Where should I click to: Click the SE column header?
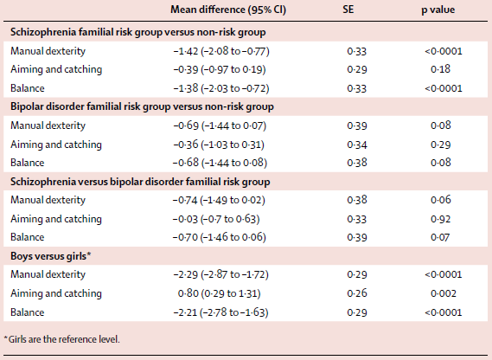348,10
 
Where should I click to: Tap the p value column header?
438,10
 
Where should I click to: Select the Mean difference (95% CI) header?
228,10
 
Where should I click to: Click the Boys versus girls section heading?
50,256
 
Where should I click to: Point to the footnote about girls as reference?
61,339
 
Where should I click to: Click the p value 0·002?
444,293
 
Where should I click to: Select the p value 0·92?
440,219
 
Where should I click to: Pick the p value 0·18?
440,69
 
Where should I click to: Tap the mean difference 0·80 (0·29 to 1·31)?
220,293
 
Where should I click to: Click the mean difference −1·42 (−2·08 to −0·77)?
221,51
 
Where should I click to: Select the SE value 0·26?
357,293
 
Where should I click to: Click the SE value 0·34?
357,145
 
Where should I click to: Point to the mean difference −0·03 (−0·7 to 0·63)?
216,219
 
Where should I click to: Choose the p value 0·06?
441,200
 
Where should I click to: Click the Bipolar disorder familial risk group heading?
142,106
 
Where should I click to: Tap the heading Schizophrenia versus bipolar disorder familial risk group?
140,182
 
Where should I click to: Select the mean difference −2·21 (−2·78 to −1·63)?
220,312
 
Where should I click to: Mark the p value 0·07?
440,237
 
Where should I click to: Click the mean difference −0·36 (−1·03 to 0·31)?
219,145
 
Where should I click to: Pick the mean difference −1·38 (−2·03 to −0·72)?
221,88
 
